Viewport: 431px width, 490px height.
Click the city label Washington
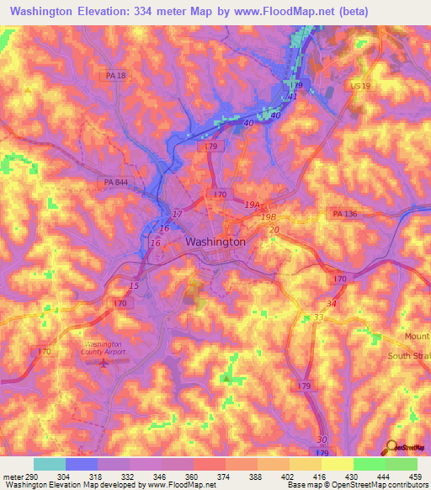(x=215, y=242)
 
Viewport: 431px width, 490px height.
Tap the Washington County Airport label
(x=104, y=349)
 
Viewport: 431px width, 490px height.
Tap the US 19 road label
(x=360, y=86)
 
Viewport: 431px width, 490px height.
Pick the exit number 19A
(x=252, y=204)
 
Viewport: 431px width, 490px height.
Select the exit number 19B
(x=268, y=216)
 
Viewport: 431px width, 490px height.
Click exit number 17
(x=177, y=214)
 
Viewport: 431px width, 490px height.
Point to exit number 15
(x=135, y=286)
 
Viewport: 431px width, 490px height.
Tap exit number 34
(x=331, y=303)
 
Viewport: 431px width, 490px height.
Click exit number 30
(x=322, y=440)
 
